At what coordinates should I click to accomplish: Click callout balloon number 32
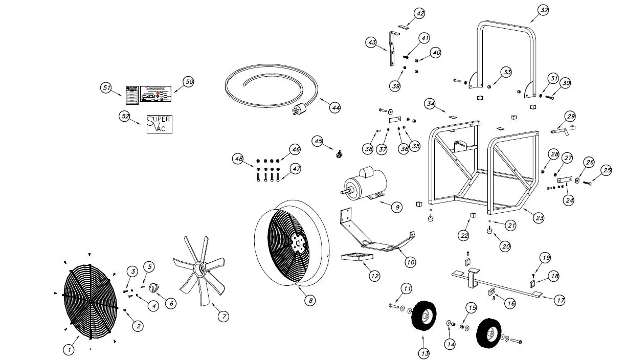(543, 10)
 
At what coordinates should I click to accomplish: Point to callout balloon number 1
(69, 350)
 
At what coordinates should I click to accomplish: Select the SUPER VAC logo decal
(159, 124)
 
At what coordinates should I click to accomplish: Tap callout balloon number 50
(189, 82)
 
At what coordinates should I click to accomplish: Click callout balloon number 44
(335, 107)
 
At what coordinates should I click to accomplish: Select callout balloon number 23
(539, 217)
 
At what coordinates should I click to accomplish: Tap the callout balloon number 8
(309, 301)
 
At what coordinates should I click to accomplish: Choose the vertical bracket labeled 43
(392, 49)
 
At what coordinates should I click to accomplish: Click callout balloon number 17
(560, 301)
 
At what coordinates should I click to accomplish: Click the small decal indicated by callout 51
(132, 95)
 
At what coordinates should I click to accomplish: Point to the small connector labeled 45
(338, 153)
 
